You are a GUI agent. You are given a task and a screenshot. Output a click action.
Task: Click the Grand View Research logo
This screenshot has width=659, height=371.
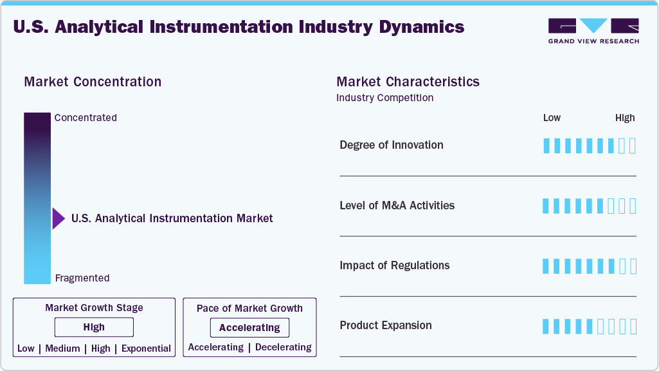click(x=593, y=30)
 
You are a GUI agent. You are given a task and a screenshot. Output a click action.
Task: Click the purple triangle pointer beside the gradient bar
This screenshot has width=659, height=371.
click(x=59, y=218)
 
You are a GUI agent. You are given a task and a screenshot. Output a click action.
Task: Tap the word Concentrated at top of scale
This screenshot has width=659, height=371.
click(x=86, y=118)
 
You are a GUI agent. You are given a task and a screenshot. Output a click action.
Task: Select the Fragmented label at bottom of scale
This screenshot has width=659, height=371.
click(x=82, y=278)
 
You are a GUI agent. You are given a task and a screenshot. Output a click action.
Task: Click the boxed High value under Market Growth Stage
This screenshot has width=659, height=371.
click(x=94, y=327)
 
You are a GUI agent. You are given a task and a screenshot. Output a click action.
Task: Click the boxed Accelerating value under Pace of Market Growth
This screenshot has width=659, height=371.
click(x=249, y=328)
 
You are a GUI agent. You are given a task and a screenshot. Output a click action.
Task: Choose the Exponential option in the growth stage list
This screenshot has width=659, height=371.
click(x=146, y=348)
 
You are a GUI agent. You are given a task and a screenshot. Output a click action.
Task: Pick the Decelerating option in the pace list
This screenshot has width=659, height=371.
click(x=284, y=347)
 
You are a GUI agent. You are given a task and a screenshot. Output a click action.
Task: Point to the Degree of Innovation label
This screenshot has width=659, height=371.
click(x=392, y=145)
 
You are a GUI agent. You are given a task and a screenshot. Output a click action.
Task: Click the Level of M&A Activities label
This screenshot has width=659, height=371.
click(x=397, y=205)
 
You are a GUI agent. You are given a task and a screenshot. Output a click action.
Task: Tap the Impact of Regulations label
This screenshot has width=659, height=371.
click(x=395, y=265)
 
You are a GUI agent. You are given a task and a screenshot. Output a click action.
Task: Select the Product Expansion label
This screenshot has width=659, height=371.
click(x=386, y=325)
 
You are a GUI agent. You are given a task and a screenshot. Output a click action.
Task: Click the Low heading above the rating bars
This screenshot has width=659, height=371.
click(x=552, y=118)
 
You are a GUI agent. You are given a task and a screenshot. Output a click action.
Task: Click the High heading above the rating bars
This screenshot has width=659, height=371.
click(x=625, y=118)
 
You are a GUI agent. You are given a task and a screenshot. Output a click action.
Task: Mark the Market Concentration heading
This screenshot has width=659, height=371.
click(x=93, y=82)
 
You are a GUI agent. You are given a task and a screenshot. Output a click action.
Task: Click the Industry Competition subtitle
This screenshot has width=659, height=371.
click(x=385, y=98)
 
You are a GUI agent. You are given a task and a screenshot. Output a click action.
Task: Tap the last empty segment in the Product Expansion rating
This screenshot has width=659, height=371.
click(x=633, y=326)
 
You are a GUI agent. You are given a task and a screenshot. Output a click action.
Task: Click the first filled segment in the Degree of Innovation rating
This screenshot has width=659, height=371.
click(x=546, y=146)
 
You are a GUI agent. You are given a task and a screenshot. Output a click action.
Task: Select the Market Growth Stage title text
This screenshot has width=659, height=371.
click(x=94, y=308)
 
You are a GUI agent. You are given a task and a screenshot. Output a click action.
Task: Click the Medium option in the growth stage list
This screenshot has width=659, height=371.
click(x=62, y=348)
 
